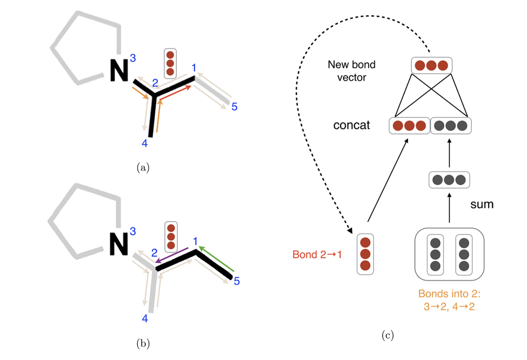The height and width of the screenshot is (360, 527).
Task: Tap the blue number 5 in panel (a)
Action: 234,106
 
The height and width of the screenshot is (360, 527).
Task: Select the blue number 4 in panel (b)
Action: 145,319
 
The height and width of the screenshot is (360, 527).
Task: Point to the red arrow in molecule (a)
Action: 176,93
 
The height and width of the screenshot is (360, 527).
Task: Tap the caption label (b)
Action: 143,344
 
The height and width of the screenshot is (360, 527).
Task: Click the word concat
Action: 351,126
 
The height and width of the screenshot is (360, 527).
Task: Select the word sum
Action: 481,204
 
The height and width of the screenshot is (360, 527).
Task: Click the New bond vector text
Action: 351,71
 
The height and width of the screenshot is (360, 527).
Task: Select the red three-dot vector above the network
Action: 431,66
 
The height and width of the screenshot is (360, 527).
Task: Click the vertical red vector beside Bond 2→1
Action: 365,254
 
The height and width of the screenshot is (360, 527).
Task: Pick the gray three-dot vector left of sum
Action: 449,180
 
